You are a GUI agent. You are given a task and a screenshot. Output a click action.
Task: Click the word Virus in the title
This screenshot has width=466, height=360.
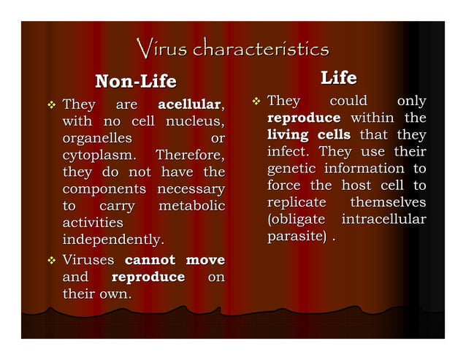tap(158, 50)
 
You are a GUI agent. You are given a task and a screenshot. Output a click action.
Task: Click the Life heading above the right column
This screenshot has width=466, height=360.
tap(339, 77)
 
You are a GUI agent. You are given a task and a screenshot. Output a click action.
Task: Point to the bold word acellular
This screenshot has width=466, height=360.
tap(189, 104)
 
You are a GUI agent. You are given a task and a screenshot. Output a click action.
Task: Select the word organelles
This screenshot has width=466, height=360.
tap(97, 138)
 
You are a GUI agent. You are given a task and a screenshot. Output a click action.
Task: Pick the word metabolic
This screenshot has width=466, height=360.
tap(191, 206)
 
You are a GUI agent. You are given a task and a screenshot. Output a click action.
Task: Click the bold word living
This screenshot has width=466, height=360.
tap(287, 135)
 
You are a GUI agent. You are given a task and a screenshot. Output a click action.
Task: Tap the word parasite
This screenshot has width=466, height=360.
tap(297, 237)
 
